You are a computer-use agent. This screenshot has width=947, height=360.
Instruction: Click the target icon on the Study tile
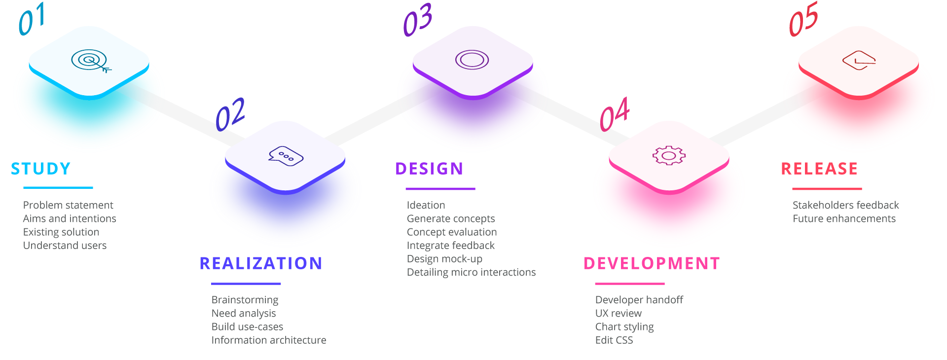[90, 61]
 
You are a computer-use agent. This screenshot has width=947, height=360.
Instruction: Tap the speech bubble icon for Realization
[286, 156]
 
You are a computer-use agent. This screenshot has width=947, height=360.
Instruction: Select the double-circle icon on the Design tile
[472, 60]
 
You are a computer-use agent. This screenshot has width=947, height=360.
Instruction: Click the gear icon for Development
[669, 155]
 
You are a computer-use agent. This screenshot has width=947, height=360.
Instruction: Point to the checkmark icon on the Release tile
[859, 60]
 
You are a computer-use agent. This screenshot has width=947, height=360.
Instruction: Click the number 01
[32, 20]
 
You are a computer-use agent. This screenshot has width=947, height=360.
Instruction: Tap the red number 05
[803, 20]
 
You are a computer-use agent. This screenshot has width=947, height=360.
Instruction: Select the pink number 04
[615, 115]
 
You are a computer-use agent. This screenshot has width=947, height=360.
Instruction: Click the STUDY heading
[41, 169]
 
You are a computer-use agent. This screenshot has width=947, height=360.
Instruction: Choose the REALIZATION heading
[261, 263]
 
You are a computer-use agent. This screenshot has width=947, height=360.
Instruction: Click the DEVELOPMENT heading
[652, 263]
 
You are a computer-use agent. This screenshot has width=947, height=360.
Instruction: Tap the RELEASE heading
[819, 169]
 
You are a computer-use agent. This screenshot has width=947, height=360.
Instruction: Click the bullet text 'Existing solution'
[61, 232]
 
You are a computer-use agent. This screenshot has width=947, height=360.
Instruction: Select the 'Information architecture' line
[269, 340]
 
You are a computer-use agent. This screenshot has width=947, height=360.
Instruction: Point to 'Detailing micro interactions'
[471, 272]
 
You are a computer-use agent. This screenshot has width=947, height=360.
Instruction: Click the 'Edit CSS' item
[614, 340]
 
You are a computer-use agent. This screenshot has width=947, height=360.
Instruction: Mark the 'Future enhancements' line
[844, 218]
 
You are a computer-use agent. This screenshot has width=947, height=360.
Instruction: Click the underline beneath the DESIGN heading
[440, 188]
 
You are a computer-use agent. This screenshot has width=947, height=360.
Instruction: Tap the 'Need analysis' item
[244, 313]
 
